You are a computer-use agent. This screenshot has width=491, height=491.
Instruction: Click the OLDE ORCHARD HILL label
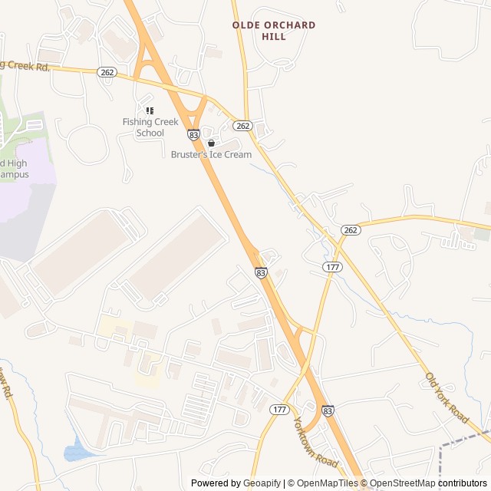click(x=274, y=31)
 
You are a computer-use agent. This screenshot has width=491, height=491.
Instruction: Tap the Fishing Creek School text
click(x=150, y=127)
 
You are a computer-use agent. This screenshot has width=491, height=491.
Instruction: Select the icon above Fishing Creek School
click(x=150, y=110)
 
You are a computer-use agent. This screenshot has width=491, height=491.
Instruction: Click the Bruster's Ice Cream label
click(x=211, y=154)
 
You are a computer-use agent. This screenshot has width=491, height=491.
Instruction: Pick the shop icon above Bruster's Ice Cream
click(x=211, y=143)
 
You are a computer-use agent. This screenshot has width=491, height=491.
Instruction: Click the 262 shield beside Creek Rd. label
click(x=107, y=72)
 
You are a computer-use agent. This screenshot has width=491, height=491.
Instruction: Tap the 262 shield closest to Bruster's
click(x=243, y=126)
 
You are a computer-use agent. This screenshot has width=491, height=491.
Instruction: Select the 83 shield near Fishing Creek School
click(x=193, y=135)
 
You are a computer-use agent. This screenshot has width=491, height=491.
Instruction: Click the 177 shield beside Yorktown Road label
click(x=278, y=410)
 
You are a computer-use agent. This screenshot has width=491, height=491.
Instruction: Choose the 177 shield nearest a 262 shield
click(x=332, y=266)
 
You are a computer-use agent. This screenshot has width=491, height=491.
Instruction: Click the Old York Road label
click(x=447, y=397)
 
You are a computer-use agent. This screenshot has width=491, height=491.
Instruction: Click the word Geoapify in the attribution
click(x=262, y=483)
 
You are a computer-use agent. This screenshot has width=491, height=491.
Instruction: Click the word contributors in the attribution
click(x=463, y=483)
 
